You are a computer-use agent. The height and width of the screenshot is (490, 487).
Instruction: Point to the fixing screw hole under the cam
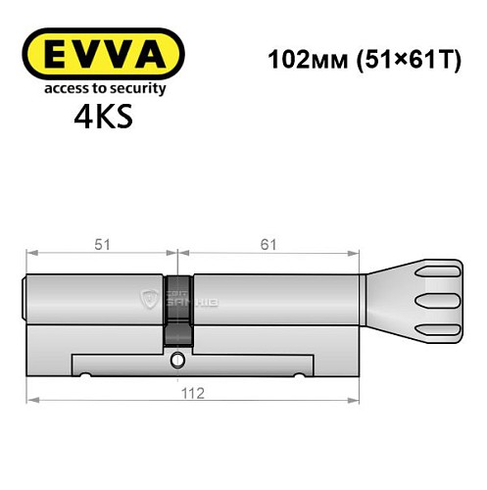[176, 362]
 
